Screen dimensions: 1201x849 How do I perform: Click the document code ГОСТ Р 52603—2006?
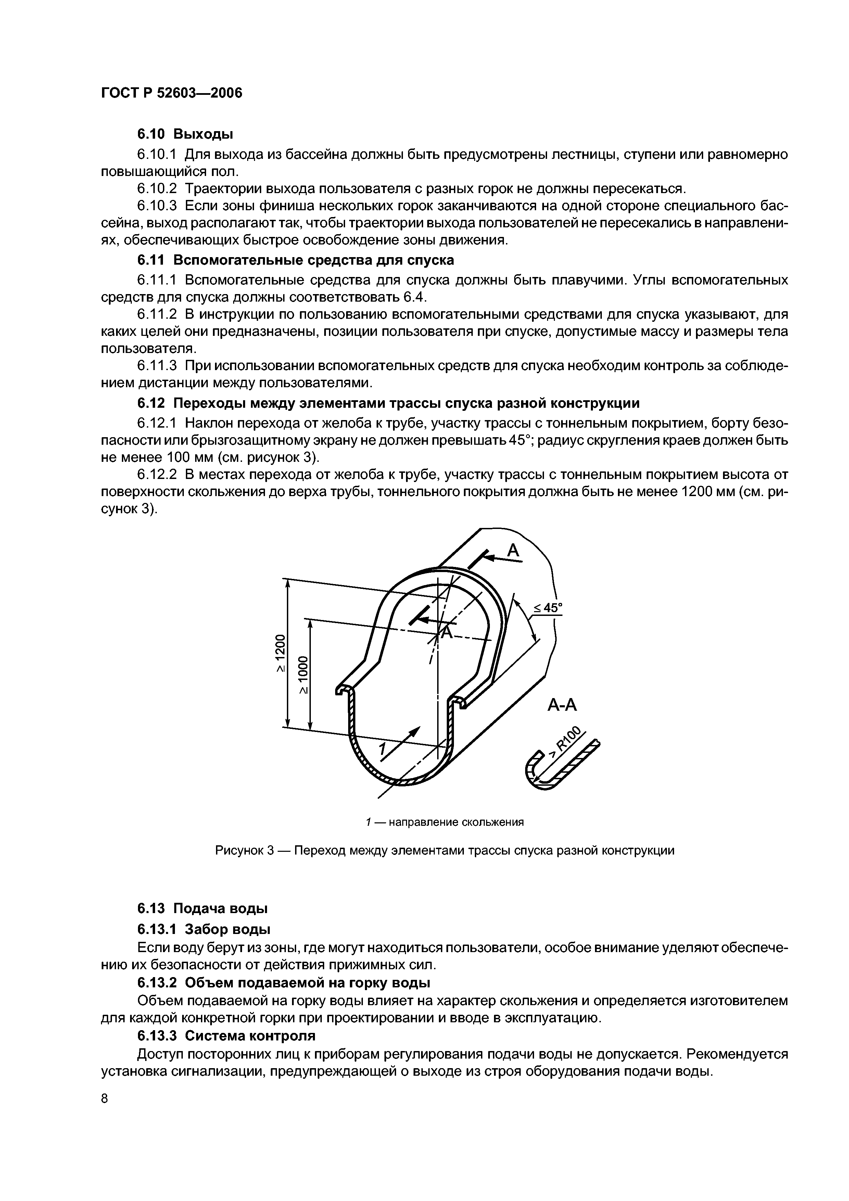[x=172, y=93]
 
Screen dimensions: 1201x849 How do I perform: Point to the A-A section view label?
[x=562, y=706]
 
